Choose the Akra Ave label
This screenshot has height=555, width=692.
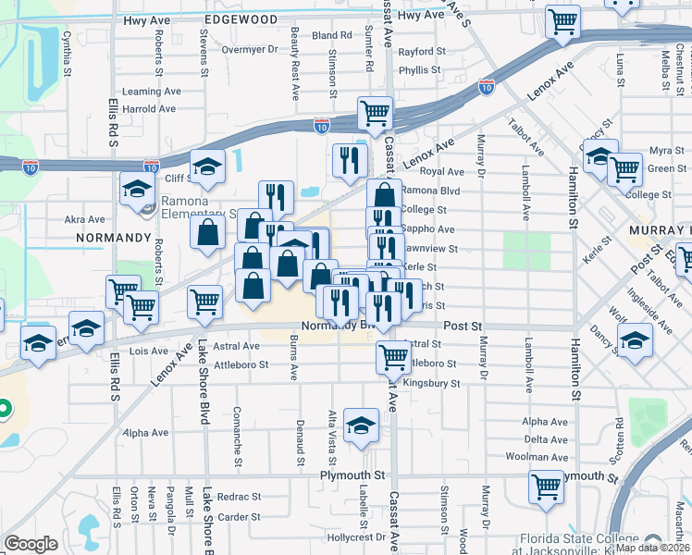(x=84, y=220)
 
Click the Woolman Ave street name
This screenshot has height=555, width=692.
(x=536, y=456)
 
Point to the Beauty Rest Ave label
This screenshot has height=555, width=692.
(x=295, y=63)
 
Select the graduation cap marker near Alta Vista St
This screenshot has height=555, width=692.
(x=361, y=425)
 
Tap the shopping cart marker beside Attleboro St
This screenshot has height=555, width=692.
(x=394, y=356)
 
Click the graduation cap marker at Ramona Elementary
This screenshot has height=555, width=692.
(x=138, y=189)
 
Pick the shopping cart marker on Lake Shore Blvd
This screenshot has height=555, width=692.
(x=204, y=301)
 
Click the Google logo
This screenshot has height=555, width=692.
(x=31, y=544)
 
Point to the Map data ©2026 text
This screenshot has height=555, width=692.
(x=653, y=548)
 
